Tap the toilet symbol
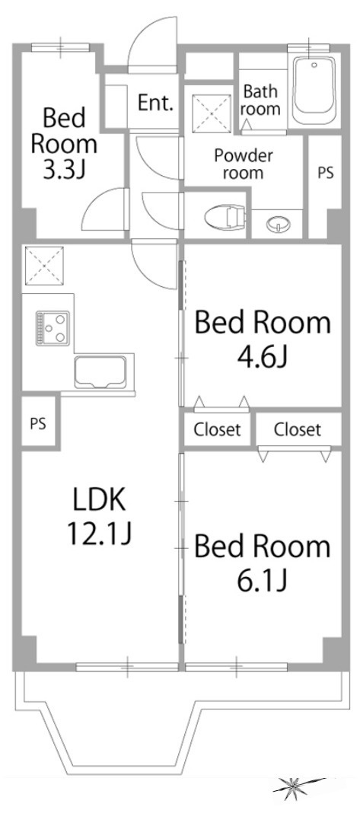pyautogui.click(x=225, y=216)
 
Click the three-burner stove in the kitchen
pyautogui.click(x=53, y=327)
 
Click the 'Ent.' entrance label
pyautogui.click(x=155, y=103)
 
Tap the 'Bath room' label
pyautogui.click(x=261, y=100)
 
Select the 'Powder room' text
pyautogui.click(x=244, y=164)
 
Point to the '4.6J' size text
pyautogui.click(x=262, y=356)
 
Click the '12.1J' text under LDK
pyautogui.click(x=99, y=533)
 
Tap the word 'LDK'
pyautogui.click(x=99, y=500)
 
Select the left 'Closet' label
pyautogui.click(x=218, y=429)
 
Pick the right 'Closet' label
pyautogui.click(x=298, y=429)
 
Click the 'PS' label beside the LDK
pyautogui.click(x=37, y=424)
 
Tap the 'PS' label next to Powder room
pyautogui.click(x=326, y=173)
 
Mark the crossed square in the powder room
pyautogui.click(x=211, y=110)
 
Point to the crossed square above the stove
pyautogui.click(x=43, y=266)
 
